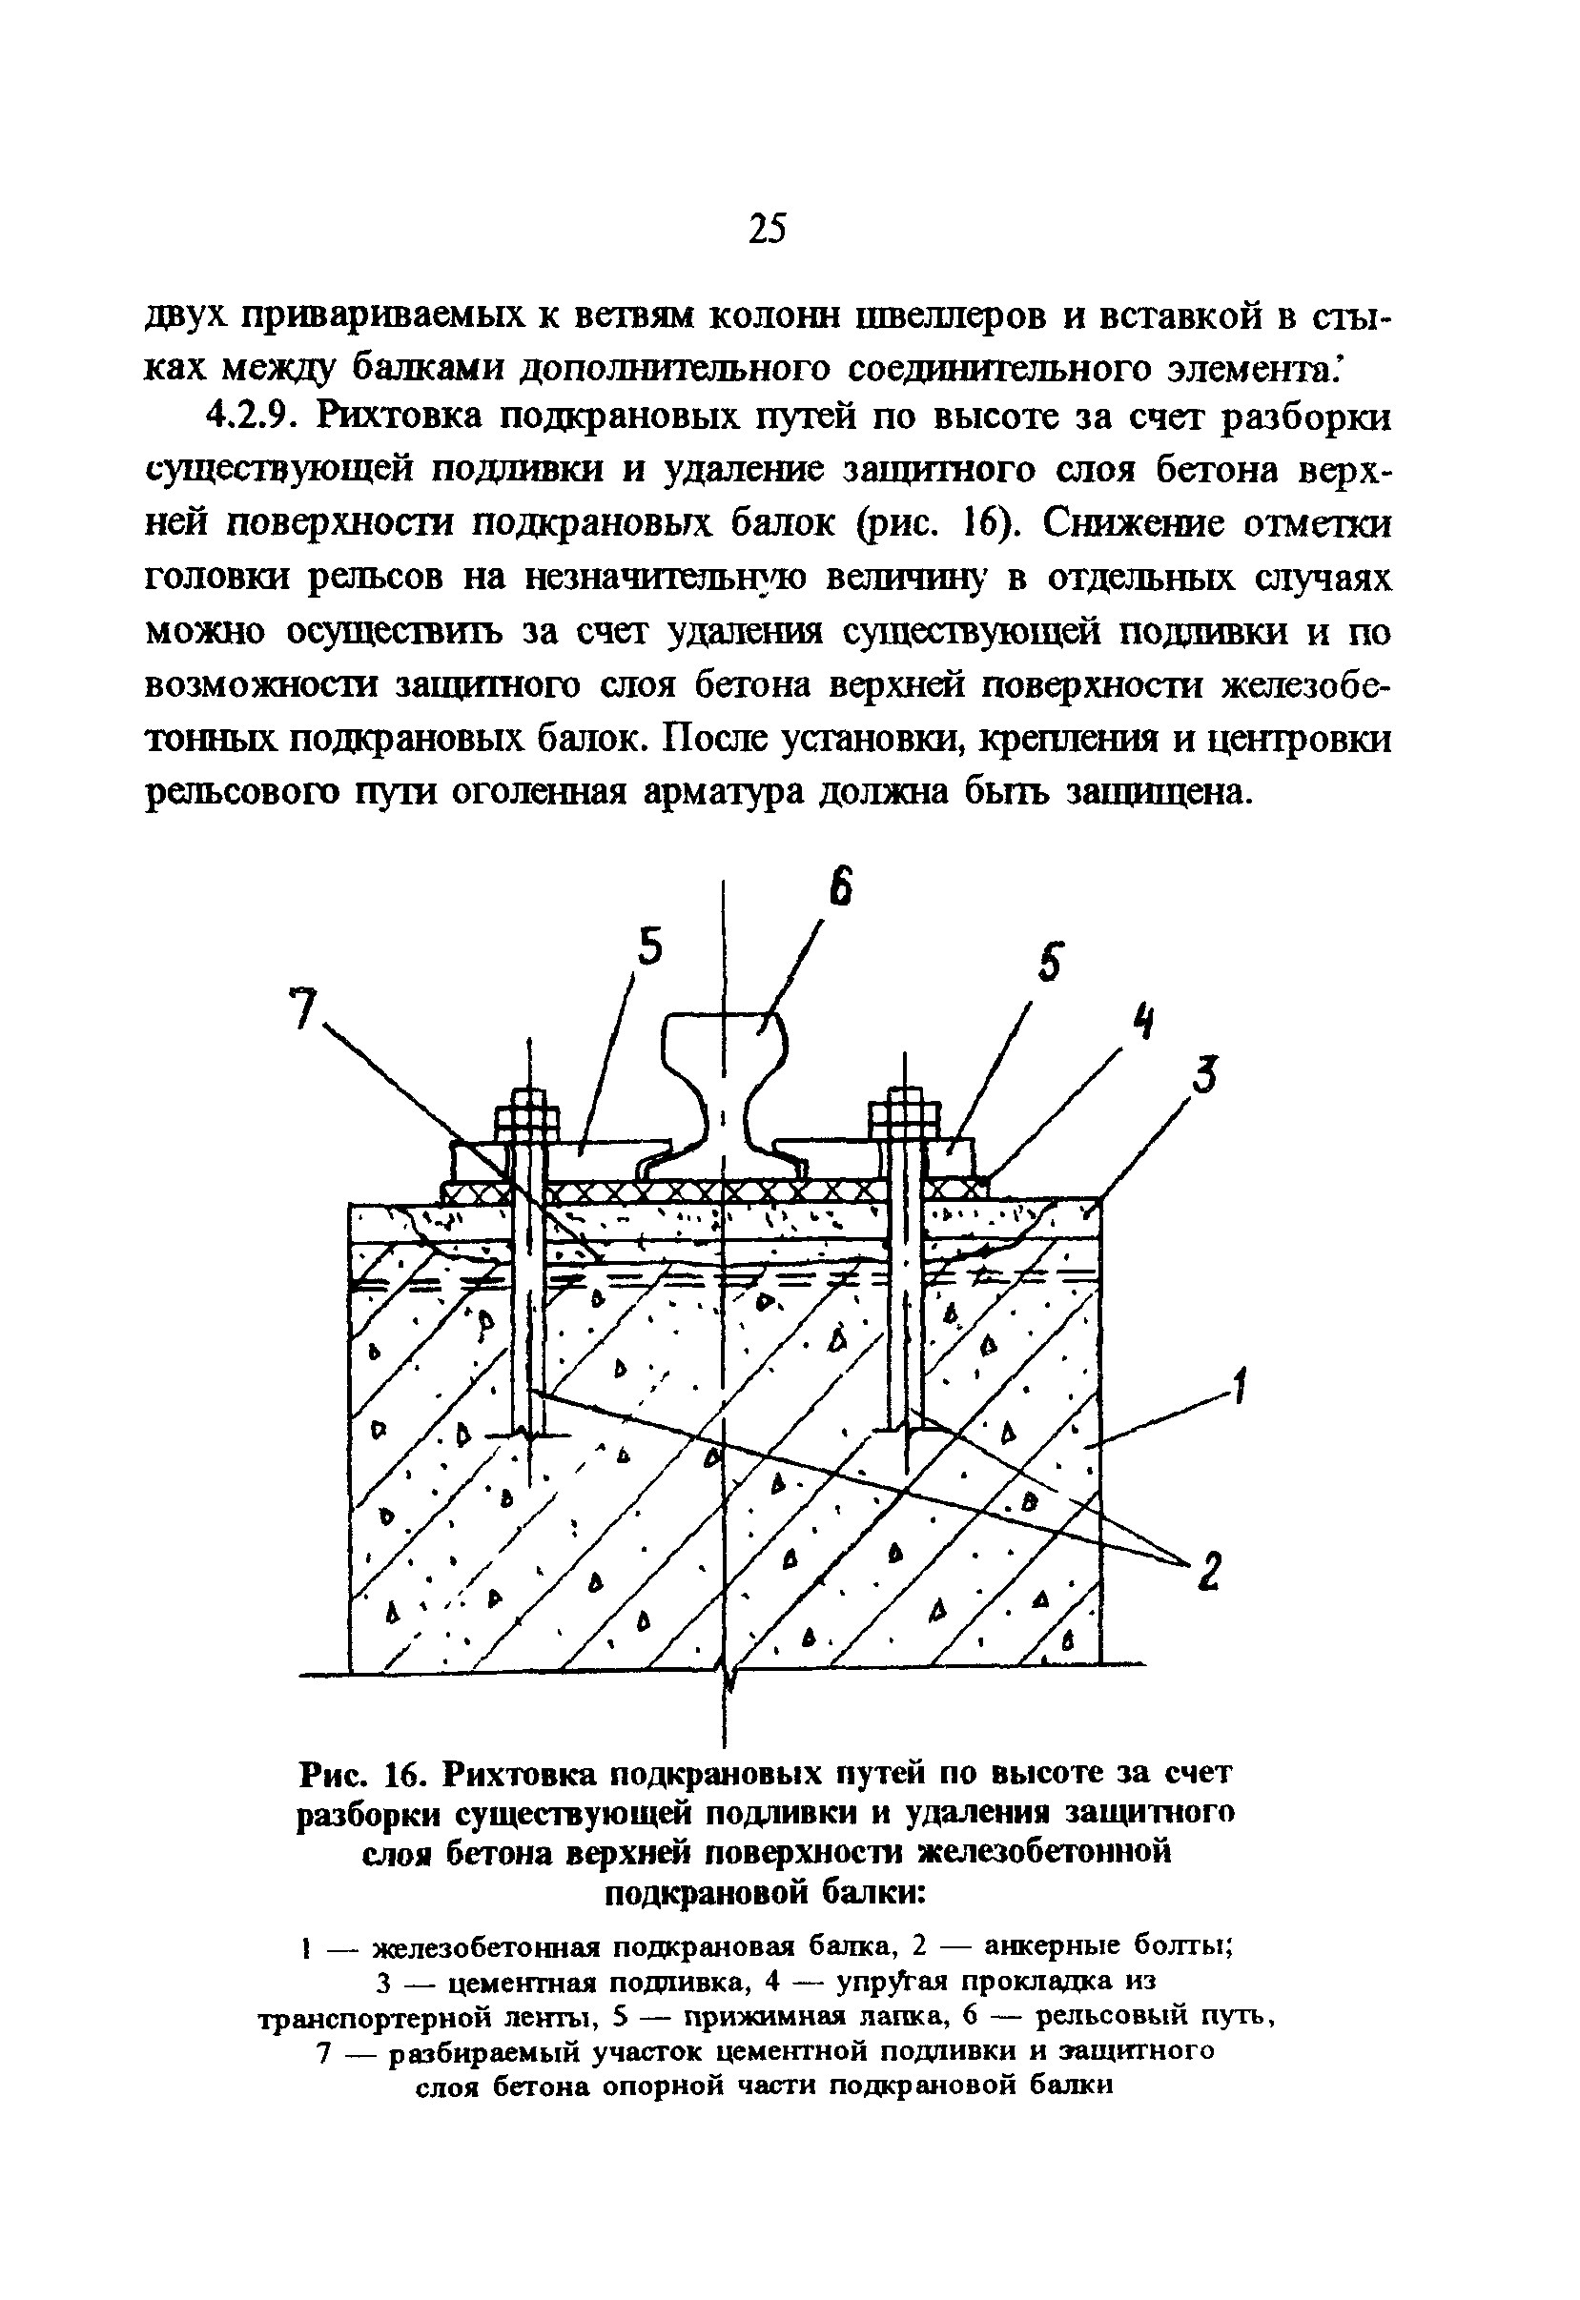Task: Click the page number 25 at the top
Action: pyautogui.click(x=767, y=229)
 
